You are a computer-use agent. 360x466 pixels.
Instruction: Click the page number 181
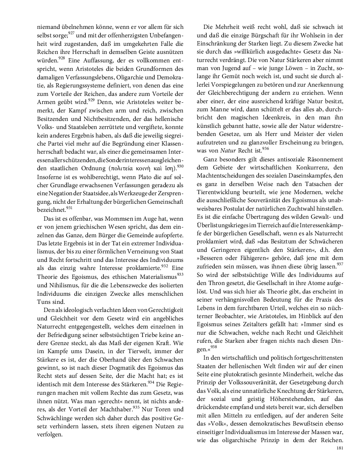340,448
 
